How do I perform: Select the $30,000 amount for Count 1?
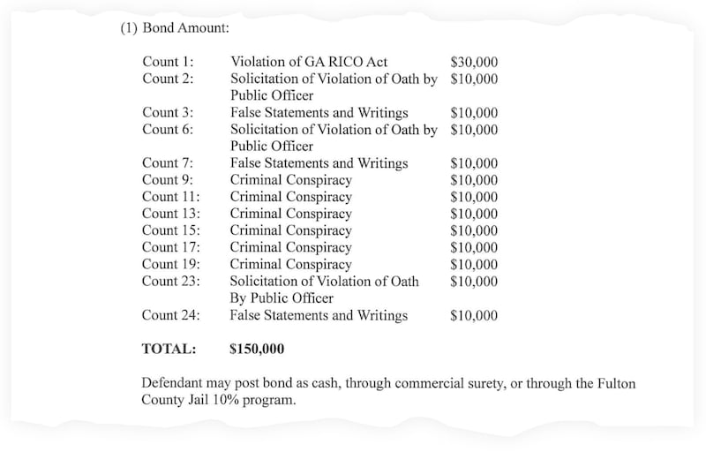474,63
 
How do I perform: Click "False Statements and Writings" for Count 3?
319,113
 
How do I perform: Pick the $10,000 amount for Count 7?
474,163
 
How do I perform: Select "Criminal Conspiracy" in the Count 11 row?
290,197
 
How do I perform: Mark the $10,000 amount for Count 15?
474,230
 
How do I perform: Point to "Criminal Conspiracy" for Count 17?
290,248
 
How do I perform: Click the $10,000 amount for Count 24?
474,315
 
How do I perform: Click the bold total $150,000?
257,350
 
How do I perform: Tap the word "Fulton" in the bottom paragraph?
614,384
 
